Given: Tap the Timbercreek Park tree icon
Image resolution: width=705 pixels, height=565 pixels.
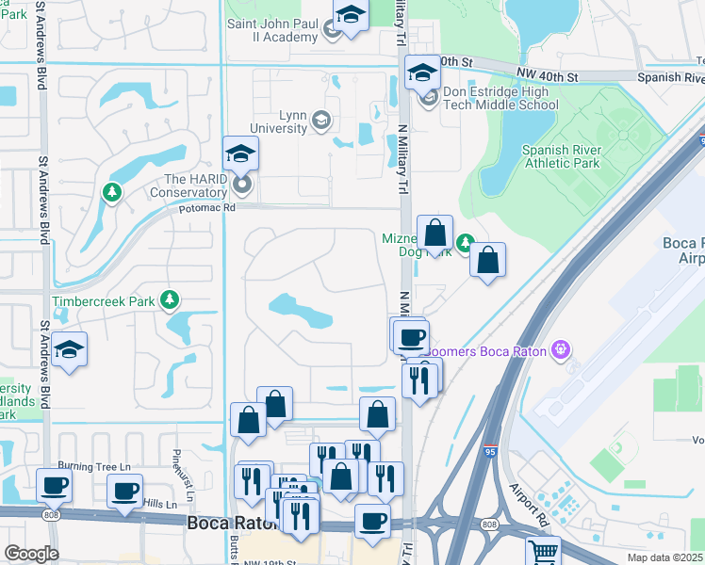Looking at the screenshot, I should (x=170, y=300).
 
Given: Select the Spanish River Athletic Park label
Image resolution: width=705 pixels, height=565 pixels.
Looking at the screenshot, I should (x=561, y=156).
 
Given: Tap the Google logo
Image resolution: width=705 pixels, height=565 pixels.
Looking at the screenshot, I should (x=31, y=554).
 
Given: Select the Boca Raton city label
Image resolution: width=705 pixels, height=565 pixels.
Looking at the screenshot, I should (x=229, y=524).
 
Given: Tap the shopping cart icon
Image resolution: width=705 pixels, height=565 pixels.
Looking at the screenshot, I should (x=543, y=552).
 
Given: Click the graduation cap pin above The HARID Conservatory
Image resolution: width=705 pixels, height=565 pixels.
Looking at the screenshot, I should (x=241, y=153).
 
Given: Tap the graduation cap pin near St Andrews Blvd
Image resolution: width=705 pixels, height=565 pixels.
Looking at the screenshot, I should (x=70, y=349).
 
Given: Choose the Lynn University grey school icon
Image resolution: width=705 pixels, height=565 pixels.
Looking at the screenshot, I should (x=321, y=120).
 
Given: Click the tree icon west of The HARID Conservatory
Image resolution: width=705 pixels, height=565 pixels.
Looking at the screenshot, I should (x=112, y=192).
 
